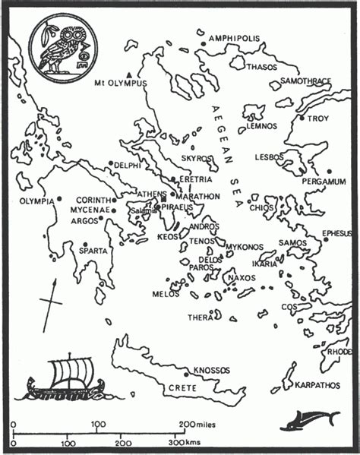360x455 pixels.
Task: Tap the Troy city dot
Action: click(302, 118)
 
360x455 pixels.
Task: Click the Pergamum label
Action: click(324, 182)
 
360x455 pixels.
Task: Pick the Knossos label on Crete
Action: click(211, 370)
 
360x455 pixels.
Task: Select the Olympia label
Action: click(37, 201)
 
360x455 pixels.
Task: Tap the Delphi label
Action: click(126, 165)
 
